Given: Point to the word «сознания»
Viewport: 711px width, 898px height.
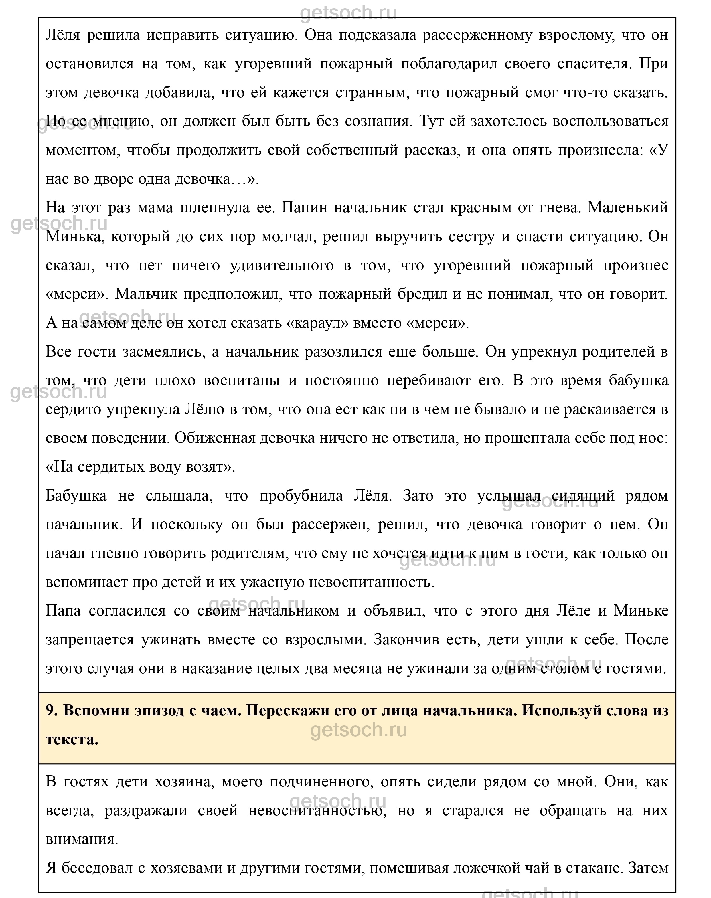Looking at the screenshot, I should click(x=376, y=122).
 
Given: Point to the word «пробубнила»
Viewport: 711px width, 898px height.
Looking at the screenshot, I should click(x=301, y=496).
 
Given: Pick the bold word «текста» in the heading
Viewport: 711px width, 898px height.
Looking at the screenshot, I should click(x=72, y=739).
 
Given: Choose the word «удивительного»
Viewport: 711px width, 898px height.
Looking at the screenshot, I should click(x=282, y=266).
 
